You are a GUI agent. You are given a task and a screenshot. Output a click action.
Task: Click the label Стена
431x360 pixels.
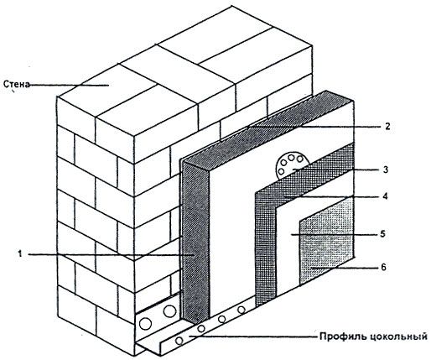[16, 84]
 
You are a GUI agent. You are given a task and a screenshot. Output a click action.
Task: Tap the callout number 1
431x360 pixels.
[19, 254]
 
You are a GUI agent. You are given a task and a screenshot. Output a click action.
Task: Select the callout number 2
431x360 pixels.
[387, 126]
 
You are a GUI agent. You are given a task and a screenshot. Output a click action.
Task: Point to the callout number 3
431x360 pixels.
[386, 170]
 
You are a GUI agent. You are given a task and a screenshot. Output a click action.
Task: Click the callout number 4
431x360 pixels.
[385, 196]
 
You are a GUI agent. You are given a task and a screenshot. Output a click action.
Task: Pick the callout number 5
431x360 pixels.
[383, 233]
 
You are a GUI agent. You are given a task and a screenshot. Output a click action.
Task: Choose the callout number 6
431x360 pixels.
[383, 268]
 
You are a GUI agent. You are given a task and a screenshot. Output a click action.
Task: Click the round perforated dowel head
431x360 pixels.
[291, 165]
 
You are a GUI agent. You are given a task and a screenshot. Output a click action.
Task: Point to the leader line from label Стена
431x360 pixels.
[69, 85]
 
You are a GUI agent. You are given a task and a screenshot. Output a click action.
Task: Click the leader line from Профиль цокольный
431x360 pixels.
[253, 336]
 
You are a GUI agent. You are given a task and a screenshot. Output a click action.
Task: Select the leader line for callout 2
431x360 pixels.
[314, 127]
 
